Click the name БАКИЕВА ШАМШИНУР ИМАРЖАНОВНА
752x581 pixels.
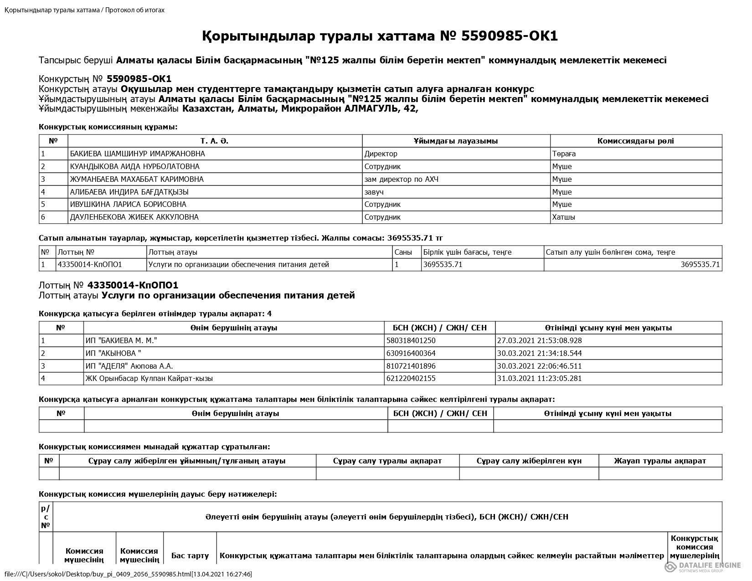pyautogui.click(x=137, y=154)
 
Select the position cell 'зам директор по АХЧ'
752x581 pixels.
pyautogui.click(x=401, y=179)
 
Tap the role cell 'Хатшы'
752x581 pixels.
pyautogui.click(x=563, y=217)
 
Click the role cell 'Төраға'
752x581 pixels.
pyautogui.click(x=564, y=154)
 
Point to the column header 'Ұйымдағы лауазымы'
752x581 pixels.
pyautogui.click(x=456, y=141)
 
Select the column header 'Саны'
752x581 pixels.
pyautogui.click(x=403, y=252)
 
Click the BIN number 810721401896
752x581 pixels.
pyautogui.click(x=411, y=366)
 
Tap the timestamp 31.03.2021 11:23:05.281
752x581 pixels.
pyautogui.click(x=539, y=378)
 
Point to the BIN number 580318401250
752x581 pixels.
pyautogui.click(x=411, y=340)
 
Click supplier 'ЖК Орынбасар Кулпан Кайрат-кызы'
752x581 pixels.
pyautogui.click(x=149, y=378)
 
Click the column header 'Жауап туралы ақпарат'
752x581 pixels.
pyautogui.click(x=659, y=461)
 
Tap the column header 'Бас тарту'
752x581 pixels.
pyautogui.click(x=190, y=555)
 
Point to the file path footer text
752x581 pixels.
pyautogui.click(x=128, y=574)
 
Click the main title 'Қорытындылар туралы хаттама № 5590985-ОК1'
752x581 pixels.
pyautogui.click(x=380, y=36)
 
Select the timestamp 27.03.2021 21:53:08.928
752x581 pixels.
pyautogui.click(x=539, y=340)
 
